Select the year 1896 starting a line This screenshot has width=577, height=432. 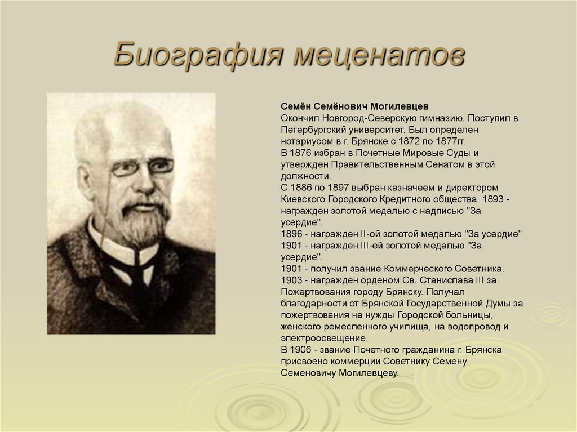point(291,233)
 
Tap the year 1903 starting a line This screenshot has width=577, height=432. point(291,279)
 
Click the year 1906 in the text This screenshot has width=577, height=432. point(304,349)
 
